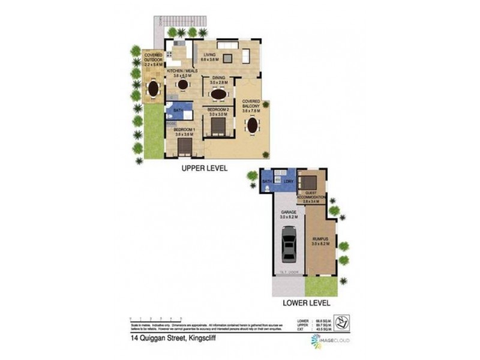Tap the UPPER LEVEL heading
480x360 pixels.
[205, 169]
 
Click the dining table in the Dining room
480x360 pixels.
[218, 94]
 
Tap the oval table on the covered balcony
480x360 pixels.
[252, 127]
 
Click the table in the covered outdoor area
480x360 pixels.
[154, 88]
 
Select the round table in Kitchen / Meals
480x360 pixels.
[183, 85]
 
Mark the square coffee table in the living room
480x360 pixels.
[228, 58]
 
